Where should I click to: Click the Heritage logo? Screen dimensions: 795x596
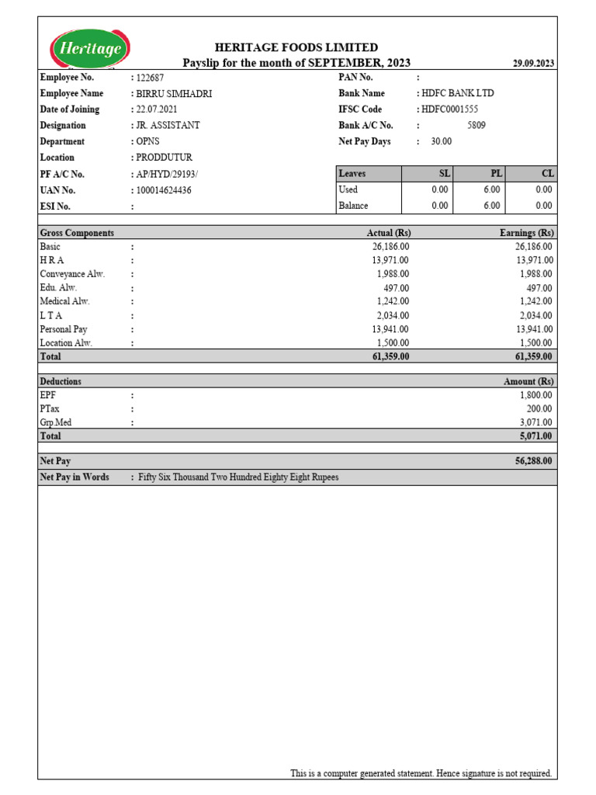coord(90,49)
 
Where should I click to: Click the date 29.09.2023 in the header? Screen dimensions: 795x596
coord(533,64)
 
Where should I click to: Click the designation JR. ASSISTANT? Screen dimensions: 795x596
coord(168,125)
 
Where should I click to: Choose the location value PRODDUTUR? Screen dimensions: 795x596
coord(164,158)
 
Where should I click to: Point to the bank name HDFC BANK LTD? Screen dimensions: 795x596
coord(458,93)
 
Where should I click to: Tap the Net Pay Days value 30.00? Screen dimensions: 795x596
coord(442,142)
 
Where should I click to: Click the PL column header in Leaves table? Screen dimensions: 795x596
coord(497,174)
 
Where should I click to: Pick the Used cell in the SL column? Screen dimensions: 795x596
coord(439,189)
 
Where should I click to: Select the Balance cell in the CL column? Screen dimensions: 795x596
coord(543,206)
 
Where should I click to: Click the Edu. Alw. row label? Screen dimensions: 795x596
coord(59,287)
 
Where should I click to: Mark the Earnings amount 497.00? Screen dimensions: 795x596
coord(539,288)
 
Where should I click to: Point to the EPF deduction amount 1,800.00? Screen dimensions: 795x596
coord(535,395)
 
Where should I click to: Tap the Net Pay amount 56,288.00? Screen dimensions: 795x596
coord(533,461)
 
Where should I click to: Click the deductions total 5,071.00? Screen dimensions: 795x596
coord(535,436)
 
